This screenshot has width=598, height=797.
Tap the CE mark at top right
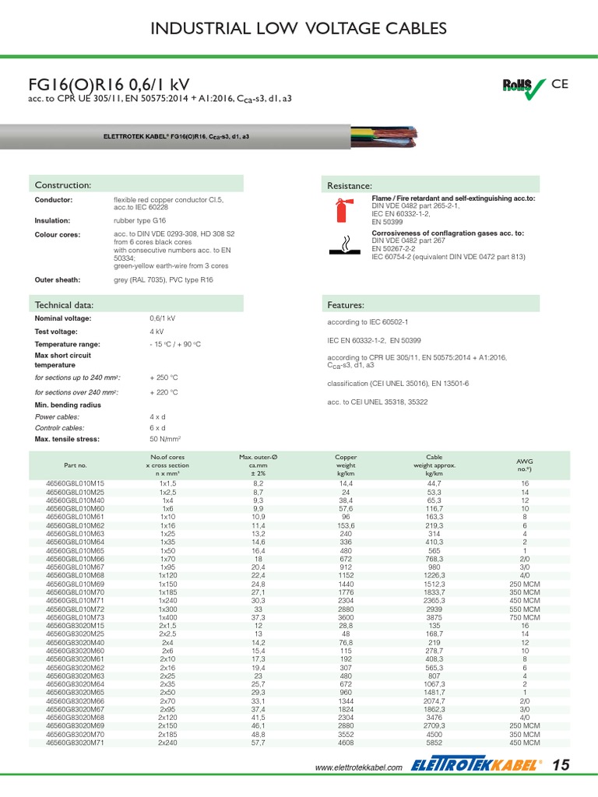tap(561, 84)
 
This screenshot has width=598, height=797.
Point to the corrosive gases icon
tap(339, 244)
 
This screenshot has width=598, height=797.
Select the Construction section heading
tap(63, 184)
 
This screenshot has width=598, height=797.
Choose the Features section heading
tap(346, 304)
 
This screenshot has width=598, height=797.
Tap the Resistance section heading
tap(350, 185)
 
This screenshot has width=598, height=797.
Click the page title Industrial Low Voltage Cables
tap(298, 29)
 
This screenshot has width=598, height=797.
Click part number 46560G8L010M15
tap(76, 483)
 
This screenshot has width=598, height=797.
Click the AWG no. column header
tap(525, 465)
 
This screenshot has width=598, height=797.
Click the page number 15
tap(561, 766)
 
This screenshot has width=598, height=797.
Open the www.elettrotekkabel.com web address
tap(358, 768)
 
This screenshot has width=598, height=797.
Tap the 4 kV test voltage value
tap(157, 332)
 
